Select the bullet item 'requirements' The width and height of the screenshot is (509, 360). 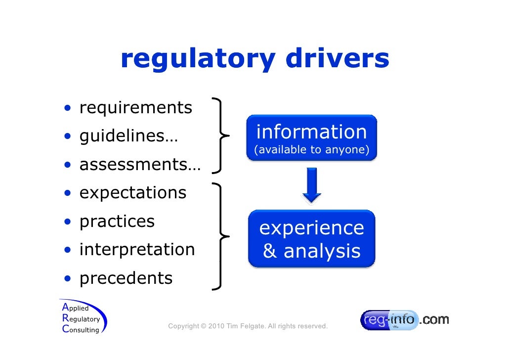[x=135, y=107]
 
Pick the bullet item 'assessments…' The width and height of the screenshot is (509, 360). [x=140, y=164]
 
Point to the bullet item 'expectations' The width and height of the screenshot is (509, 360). [x=133, y=192]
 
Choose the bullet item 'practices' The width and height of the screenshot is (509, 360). [x=117, y=221]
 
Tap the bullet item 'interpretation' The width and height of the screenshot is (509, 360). [x=137, y=249]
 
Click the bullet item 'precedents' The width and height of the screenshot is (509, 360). [x=126, y=278]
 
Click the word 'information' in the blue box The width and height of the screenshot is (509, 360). [x=311, y=132]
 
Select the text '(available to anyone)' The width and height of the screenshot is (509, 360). [x=311, y=150]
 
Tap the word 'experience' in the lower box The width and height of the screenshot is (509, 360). [x=311, y=228]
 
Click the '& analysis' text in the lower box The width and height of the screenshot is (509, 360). [x=311, y=251]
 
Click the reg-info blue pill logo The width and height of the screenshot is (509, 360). [x=389, y=320]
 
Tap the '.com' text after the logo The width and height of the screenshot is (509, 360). [x=434, y=319]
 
